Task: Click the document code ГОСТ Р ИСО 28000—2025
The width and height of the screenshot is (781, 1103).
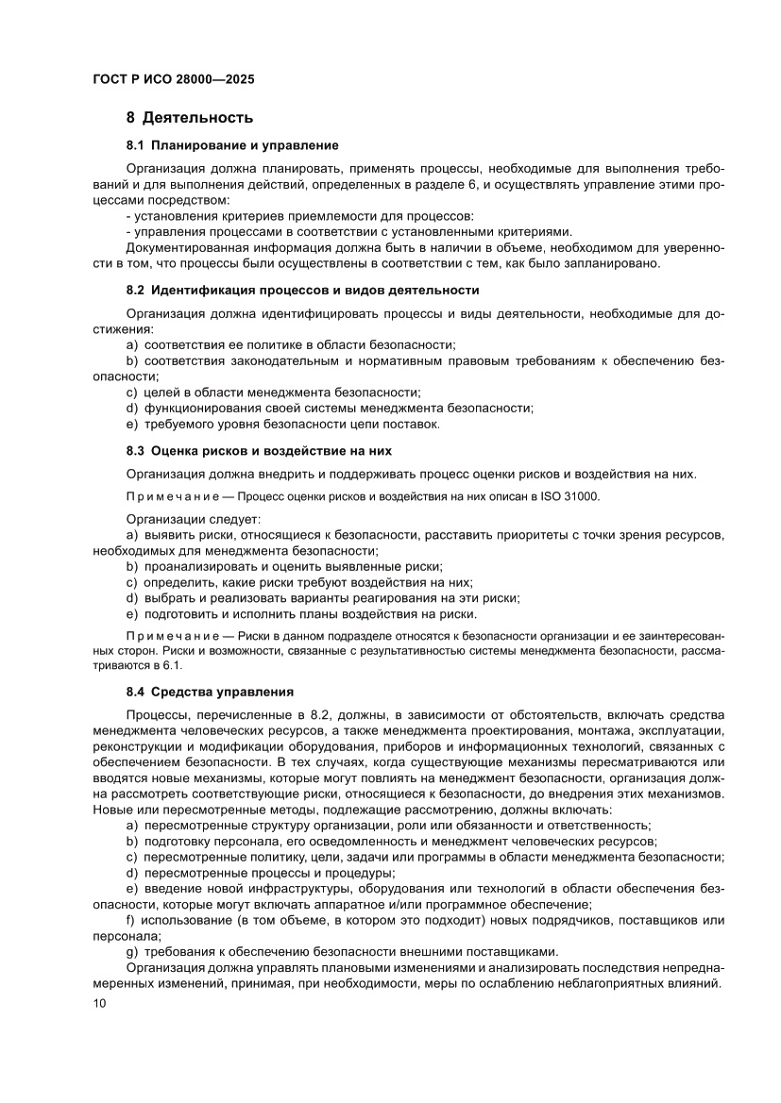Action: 174,80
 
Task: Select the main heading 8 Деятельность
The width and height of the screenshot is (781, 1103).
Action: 189,118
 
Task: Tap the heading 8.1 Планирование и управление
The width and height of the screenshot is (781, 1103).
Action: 232,145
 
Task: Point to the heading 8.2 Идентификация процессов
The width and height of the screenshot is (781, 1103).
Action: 302,290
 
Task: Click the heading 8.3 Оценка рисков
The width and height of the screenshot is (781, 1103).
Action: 258,450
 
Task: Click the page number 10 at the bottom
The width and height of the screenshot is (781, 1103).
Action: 100,1003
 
